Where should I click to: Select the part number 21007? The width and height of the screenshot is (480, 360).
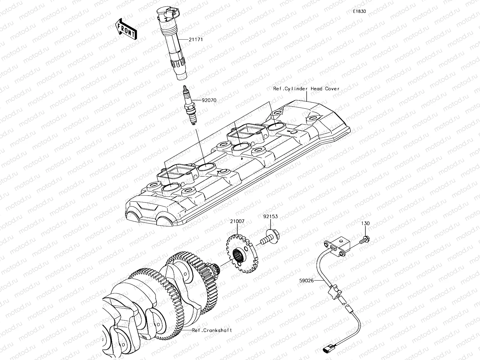point(237,221)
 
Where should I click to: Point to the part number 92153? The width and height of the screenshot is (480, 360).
point(271,216)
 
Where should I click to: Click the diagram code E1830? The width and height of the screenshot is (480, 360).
point(359,11)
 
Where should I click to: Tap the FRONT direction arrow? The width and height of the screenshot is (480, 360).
point(126,29)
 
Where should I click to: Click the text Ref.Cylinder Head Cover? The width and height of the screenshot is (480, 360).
point(306,89)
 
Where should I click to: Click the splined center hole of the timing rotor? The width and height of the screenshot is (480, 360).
point(239,256)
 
